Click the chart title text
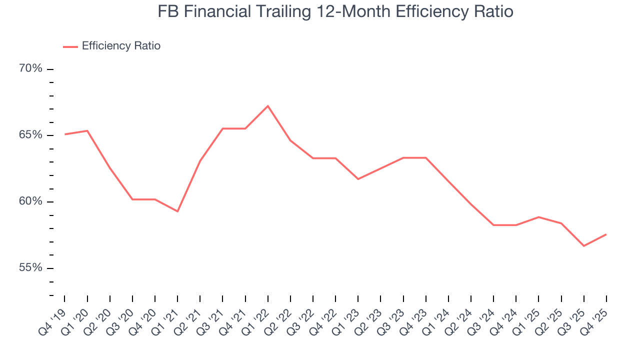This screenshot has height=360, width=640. coord(335,11)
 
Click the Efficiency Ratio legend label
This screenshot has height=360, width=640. coord(121,46)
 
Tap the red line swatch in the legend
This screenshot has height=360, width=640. coord(70,46)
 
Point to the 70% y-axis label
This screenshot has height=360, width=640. coord(30,68)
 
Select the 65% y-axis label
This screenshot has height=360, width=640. coord(30,135)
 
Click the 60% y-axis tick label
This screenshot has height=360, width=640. coord(30,201)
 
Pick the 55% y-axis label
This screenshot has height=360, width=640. coord(30,268)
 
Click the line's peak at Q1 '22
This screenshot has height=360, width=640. coord(268,106)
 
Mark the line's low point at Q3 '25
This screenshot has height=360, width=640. coord(583,246)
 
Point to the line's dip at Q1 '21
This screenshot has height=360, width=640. coord(177,211)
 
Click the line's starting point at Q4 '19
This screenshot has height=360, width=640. coord(65,134)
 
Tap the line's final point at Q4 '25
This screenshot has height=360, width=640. coord(606,234)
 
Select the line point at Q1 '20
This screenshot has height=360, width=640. coord(87,130)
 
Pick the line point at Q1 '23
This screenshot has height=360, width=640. coord(358,179)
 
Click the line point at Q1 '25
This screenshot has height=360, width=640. coord(538,217)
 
